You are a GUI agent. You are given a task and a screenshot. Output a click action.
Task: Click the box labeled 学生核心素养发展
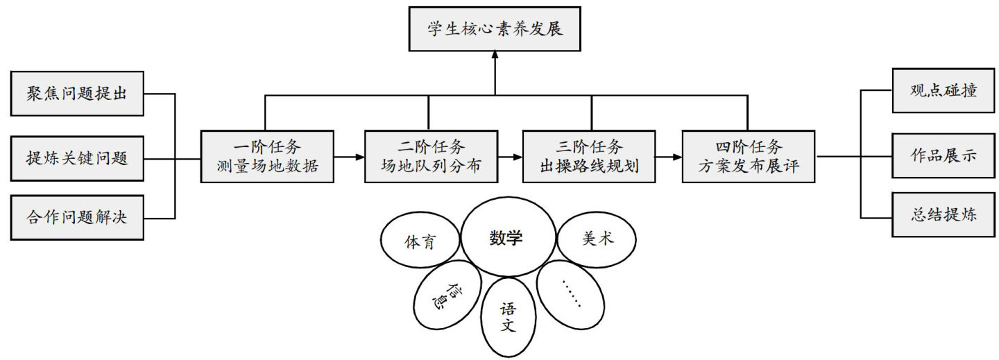(493, 29)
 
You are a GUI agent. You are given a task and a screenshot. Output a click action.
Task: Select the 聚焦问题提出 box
(78, 93)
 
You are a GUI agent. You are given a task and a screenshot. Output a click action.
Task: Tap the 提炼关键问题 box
(78, 157)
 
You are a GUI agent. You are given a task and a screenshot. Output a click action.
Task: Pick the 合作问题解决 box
(78, 217)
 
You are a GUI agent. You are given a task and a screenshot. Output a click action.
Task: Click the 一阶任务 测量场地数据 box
(268, 157)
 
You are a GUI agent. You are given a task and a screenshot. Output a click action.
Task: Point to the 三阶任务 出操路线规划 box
(590, 157)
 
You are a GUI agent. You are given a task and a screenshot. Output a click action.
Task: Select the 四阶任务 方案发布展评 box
(749, 157)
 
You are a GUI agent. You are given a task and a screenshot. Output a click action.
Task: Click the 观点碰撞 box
(943, 91)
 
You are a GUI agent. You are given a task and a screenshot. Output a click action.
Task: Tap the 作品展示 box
(943, 156)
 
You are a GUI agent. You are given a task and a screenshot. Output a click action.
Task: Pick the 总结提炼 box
(943, 214)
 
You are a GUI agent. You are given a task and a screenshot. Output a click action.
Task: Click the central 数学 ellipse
(506, 239)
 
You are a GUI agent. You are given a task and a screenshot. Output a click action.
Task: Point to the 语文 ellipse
(509, 316)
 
